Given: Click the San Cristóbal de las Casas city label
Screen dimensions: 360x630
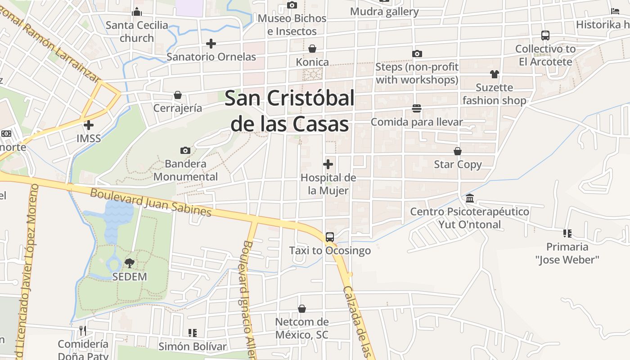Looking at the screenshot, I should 289,111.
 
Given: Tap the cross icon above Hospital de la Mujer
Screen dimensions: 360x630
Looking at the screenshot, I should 328,164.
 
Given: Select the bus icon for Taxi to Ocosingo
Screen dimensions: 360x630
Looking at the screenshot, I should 329,237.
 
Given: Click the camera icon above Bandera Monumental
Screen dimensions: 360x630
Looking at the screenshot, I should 185,150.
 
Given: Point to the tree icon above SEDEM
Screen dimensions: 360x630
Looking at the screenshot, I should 130,263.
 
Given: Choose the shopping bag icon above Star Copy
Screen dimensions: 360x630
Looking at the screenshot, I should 458,151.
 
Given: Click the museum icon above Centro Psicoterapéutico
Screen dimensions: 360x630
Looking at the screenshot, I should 470,198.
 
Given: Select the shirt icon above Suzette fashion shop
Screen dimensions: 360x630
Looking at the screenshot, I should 494,74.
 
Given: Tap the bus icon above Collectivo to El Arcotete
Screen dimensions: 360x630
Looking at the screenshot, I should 545,35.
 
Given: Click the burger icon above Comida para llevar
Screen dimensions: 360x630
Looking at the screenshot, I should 417,108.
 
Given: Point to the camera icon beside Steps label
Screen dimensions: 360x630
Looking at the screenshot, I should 417,54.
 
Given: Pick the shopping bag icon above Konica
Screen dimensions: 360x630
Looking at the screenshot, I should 312,49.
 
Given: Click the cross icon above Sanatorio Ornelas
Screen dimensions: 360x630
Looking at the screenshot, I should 211,44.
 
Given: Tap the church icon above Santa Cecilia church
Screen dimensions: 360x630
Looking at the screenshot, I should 137,12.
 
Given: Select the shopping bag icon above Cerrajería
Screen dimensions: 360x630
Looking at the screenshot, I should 178,95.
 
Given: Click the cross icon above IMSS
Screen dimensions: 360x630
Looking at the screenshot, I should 89,125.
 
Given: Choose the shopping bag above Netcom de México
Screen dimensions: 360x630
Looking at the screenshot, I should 302,309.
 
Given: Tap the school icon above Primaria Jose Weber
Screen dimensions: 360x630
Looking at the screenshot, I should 567,233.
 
